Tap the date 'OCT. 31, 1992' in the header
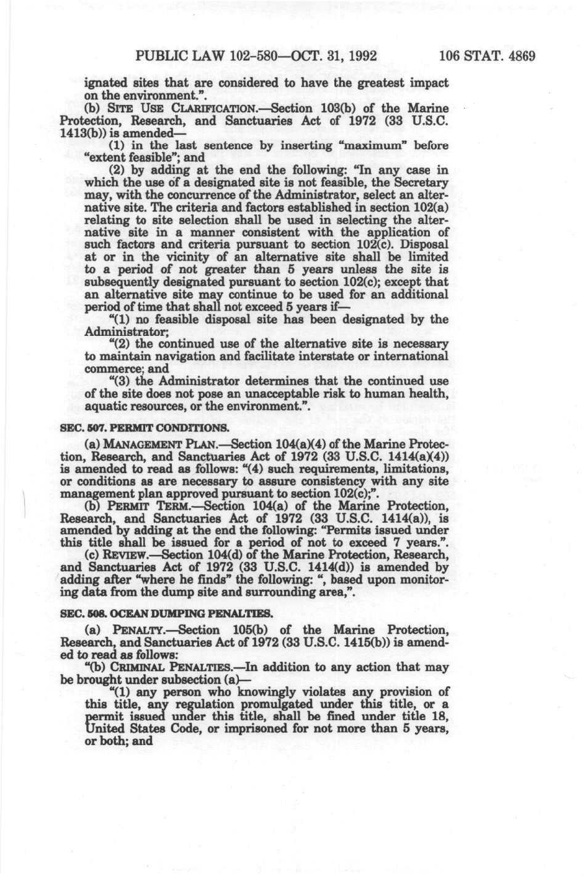334,56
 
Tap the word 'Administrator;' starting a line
118,332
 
